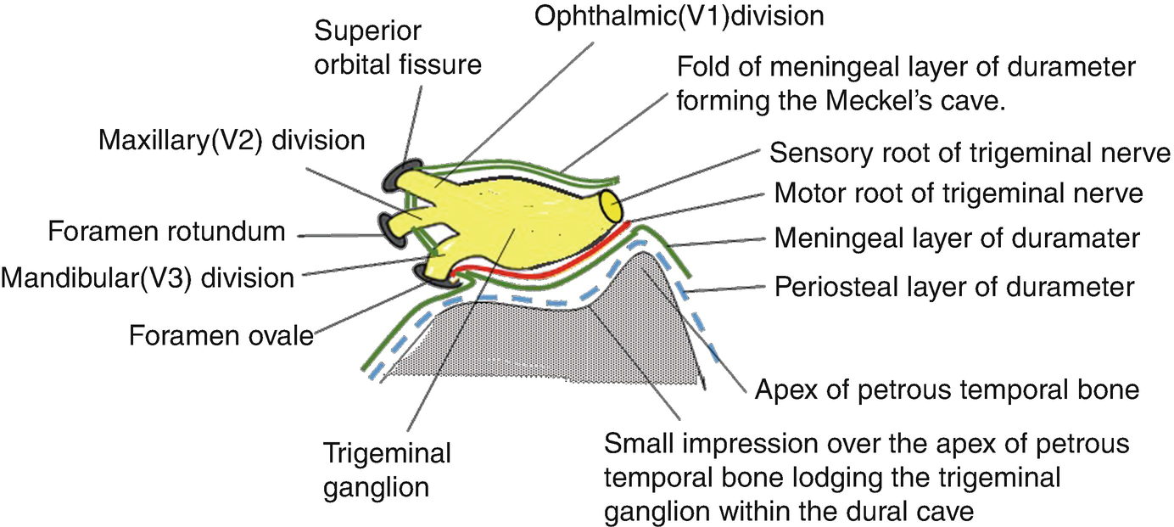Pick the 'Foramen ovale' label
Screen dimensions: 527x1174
tap(221, 335)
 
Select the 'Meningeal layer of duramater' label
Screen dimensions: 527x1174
tap(956, 238)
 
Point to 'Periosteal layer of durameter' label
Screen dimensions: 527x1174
tap(954, 287)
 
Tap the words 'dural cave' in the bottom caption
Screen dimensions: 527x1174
tap(920, 513)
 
